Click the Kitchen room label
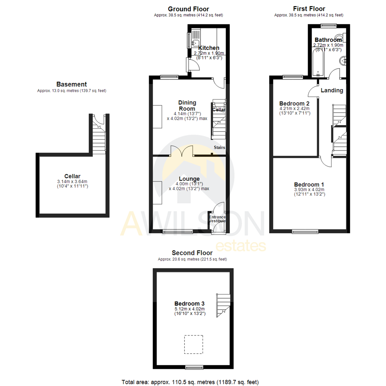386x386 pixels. click(209, 48)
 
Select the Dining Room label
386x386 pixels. click(187, 106)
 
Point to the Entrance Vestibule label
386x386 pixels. click(217, 218)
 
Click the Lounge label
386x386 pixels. click(189, 179)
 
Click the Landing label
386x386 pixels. click(332, 90)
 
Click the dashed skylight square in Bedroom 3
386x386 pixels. click(194, 344)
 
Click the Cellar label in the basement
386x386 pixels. click(72, 176)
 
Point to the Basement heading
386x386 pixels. click(71, 85)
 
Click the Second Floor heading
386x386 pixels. click(192, 253)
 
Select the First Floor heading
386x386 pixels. click(309, 9)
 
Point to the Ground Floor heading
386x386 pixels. click(188, 9)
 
